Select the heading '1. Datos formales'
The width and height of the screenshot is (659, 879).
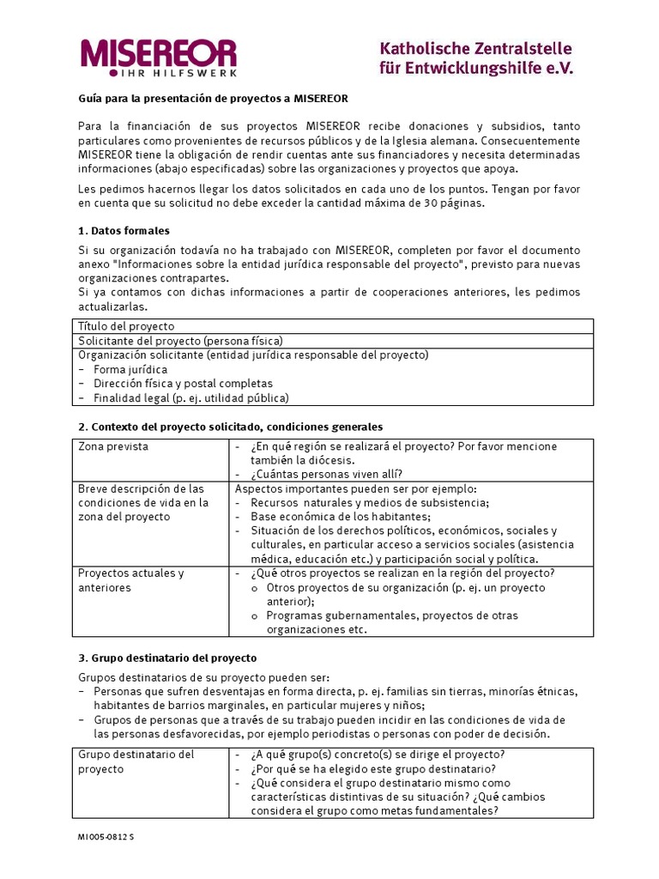pyautogui.click(x=124, y=231)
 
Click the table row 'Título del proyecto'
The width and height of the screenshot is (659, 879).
pyautogui.click(x=126, y=326)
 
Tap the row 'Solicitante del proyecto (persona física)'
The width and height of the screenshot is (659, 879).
pyautogui.click(x=180, y=341)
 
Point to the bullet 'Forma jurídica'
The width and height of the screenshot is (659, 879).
pyautogui.click(x=130, y=369)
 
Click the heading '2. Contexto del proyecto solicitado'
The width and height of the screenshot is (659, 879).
pyautogui.click(x=230, y=427)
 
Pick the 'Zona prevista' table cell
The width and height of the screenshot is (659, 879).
pyautogui.click(x=113, y=446)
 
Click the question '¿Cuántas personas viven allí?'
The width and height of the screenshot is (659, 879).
pyautogui.click(x=327, y=475)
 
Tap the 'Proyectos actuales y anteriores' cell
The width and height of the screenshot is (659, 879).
pyautogui.click(x=131, y=580)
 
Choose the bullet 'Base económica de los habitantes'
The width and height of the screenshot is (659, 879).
pyautogui.click(x=340, y=517)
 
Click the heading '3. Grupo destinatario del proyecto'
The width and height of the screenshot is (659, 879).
pyautogui.click(x=167, y=658)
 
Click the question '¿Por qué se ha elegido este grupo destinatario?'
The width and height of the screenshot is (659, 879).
pyautogui.click(x=374, y=769)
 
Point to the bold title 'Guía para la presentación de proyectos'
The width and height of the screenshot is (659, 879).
pyautogui.click(x=213, y=99)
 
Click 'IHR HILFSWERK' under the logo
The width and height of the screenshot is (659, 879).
pyautogui.click(x=192, y=72)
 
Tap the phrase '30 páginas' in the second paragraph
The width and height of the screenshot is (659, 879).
pyautogui.click(x=455, y=203)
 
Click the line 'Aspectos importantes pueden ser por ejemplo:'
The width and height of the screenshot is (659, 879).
pyautogui.click(x=356, y=489)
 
